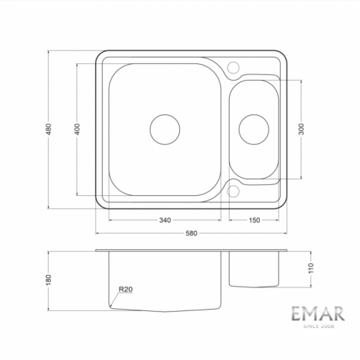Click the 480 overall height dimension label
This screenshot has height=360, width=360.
[x=49, y=129]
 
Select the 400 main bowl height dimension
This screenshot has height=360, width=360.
[x=77, y=129]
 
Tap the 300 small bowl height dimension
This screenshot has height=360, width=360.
[x=302, y=129]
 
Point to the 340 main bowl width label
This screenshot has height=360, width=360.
[x=165, y=220]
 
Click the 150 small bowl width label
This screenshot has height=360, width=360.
[x=254, y=220]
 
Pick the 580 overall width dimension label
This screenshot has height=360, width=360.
[x=192, y=233]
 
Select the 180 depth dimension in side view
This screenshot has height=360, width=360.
[x=49, y=280]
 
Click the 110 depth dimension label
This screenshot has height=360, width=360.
[x=311, y=269]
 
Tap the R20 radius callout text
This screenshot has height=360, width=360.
[x=126, y=289]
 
